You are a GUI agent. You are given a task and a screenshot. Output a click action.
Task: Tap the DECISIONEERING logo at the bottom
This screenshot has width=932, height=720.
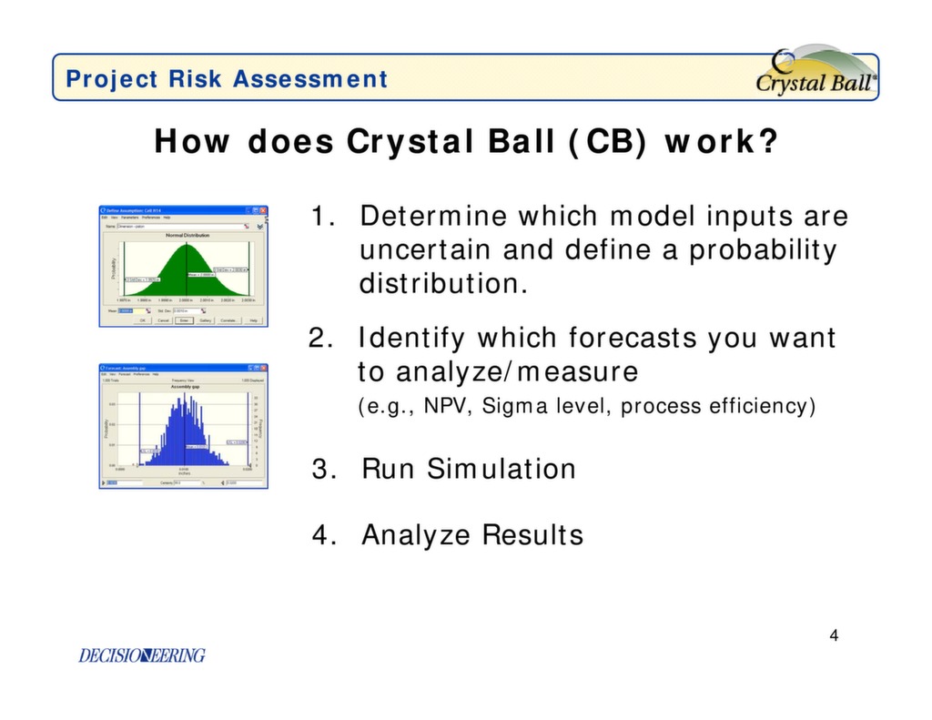[142, 655]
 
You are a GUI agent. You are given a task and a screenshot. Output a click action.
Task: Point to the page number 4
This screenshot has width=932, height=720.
[834, 635]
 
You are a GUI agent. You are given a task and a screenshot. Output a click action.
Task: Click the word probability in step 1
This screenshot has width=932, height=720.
[762, 249]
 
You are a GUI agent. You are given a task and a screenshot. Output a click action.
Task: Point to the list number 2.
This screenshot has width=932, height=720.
[319, 339]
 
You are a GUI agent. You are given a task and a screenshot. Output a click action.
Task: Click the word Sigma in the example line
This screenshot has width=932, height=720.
[512, 406]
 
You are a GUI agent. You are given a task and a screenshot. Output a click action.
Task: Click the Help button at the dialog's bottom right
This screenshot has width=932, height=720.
[254, 320]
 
